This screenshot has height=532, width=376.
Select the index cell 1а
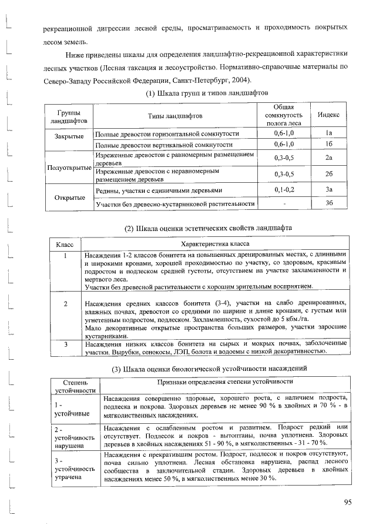pos(329,133)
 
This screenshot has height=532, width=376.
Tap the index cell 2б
pos(329,175)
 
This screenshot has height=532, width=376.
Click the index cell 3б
pos(329,203)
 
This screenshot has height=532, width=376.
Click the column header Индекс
pos(329,115)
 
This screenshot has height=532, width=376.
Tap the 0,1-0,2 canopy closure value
pos(284,190)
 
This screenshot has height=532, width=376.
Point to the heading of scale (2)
pos(200,227)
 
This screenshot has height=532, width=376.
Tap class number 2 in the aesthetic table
pos(66,303)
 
